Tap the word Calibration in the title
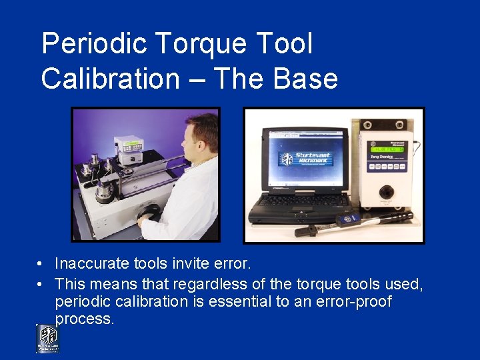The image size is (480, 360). [x=110, y=79]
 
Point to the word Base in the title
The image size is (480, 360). [x=309, y=79]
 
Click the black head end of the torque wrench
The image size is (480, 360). [x=304, y=231]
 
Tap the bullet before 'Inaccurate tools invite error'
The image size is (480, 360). [x=41, y=265]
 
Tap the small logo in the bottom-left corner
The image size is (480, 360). [x=47, y=339]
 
